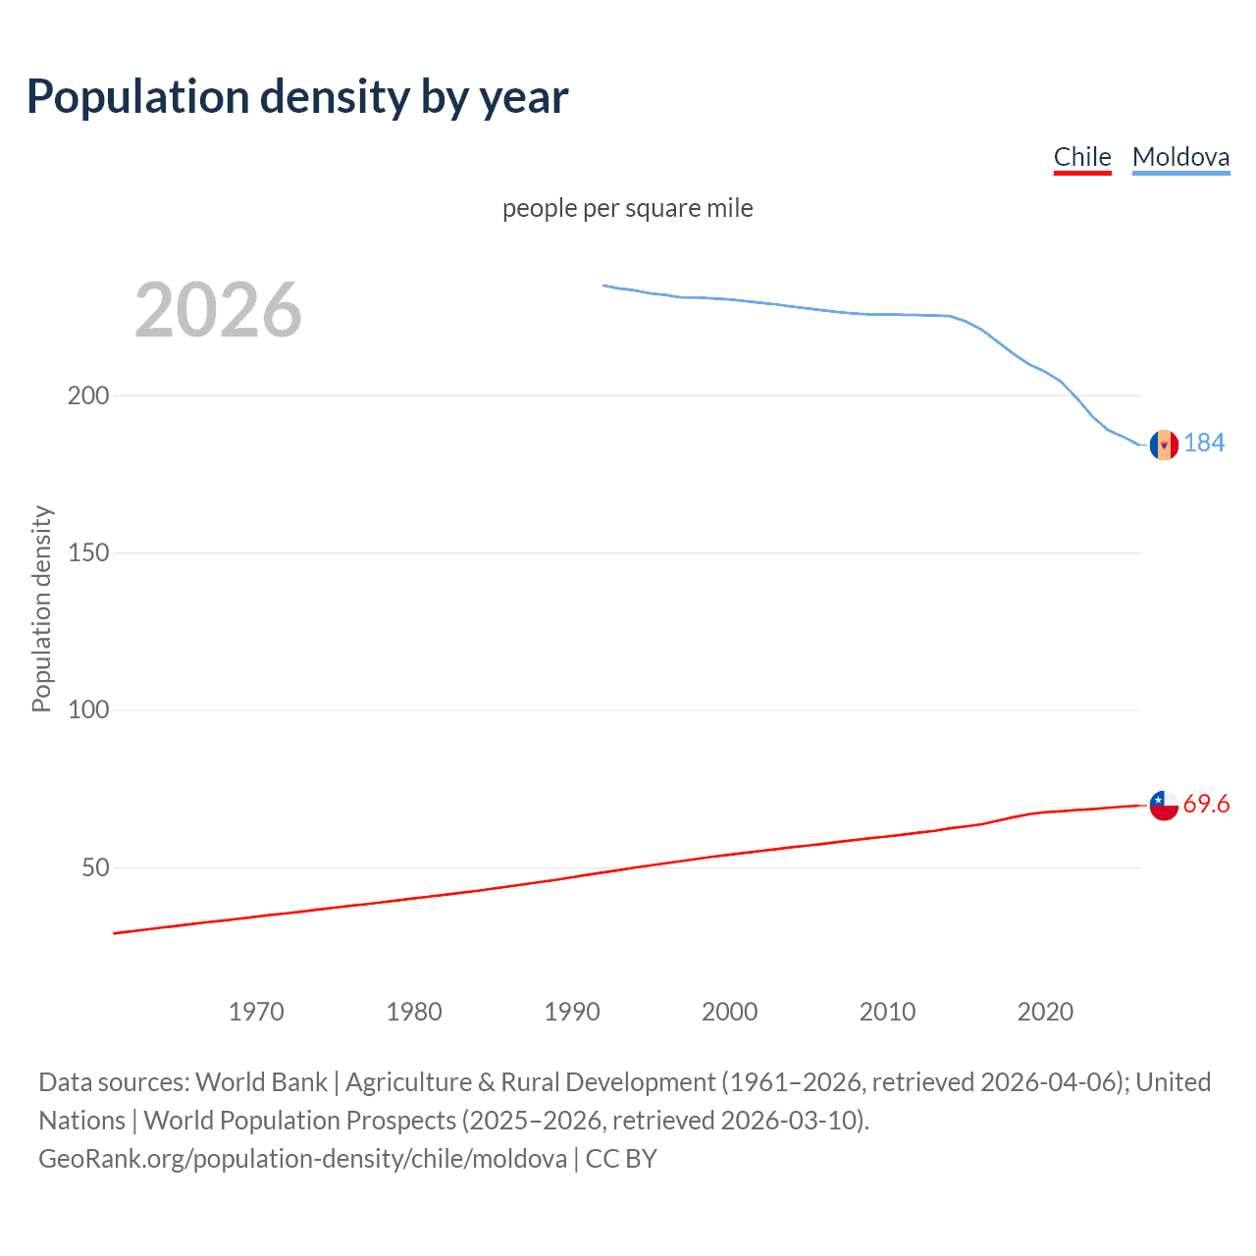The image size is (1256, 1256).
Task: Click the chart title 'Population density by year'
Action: coord(297,97)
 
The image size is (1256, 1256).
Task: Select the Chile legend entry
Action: coord(1082,157)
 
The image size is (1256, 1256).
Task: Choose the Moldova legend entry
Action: coord(1180,157)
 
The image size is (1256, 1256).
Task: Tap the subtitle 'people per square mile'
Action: coord(627,208)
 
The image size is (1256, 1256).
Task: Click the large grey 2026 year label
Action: coord(218,310)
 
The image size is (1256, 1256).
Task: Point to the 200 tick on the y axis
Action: coord(88,395)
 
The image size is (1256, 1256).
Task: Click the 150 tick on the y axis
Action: coord(88,552)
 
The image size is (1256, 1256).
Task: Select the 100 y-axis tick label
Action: coord(88,709)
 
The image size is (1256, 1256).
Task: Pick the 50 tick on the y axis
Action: coord(95,867)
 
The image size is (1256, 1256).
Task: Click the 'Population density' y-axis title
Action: coord(41,608)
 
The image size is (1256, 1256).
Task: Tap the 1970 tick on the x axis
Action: coord(256,1012)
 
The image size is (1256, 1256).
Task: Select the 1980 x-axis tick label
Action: coord(414,1012)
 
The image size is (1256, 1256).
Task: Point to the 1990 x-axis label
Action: coord(572,1012)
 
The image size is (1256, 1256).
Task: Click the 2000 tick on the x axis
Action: coord(729,1012)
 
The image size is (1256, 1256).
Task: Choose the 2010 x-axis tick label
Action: coord(887,1012)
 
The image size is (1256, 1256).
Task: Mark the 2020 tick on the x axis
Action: coord(1045,1012)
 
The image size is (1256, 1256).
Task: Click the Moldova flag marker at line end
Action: coord(1164,445)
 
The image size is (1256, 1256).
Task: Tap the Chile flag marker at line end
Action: coord(1164,805)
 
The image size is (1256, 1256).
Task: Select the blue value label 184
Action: coord(1204,444)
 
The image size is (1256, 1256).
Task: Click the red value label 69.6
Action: coord(1206,805)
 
